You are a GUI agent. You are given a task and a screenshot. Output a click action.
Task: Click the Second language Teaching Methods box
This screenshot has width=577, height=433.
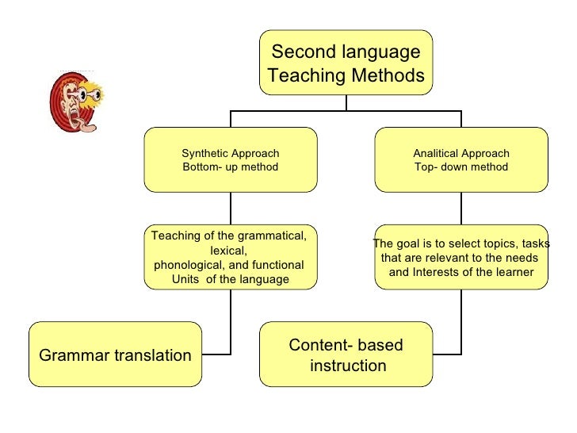point(346,63)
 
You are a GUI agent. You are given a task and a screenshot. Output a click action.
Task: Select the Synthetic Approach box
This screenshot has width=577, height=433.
point(231,159)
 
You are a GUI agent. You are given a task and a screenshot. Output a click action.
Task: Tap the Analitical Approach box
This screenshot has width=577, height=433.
point(460,159)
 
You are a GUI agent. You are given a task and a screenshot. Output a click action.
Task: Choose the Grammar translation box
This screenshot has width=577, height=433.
point(115,354)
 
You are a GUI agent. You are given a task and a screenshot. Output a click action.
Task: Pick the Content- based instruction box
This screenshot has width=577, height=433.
point(346,354)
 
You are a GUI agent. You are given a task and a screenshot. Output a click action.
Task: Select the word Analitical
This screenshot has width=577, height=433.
point(435,153)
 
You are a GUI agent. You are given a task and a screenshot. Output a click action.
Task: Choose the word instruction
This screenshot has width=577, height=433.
point(348,366)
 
